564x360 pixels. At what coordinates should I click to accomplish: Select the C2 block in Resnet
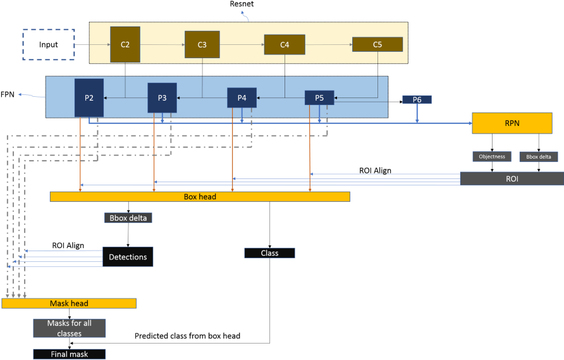(x=125, y=45)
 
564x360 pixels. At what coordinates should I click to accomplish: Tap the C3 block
(x=202, y=45)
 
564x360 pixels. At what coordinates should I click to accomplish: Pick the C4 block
(x=285, y=45)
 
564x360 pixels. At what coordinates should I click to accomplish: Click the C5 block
(x=377, y=45)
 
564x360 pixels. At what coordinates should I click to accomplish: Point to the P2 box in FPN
(x=89, y=98)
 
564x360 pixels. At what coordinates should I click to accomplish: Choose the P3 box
(x=162, y=98)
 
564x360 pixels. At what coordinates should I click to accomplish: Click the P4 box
(x=242, y=98)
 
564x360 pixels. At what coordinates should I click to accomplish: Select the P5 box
(x=319, y=98)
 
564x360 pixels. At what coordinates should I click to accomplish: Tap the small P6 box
(x=417, y=100)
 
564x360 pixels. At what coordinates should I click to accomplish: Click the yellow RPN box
(x=512, y=123)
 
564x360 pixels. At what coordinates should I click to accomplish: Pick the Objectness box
(x=492, y=157)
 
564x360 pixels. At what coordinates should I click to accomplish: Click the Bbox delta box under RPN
(x=539, y=157)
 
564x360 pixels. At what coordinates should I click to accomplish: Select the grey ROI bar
(x=512, y=178)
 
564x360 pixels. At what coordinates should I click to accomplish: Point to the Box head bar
(x=200, y=197)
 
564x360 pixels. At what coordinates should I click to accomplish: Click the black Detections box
(x=128, y=257)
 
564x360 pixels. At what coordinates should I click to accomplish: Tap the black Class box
(x=270, y=253)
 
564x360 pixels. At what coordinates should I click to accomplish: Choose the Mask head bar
(x=69, y=304)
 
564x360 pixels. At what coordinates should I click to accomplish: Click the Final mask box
(x=70, y=354)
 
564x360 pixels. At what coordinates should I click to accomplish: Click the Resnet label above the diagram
(x=242, y=4)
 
